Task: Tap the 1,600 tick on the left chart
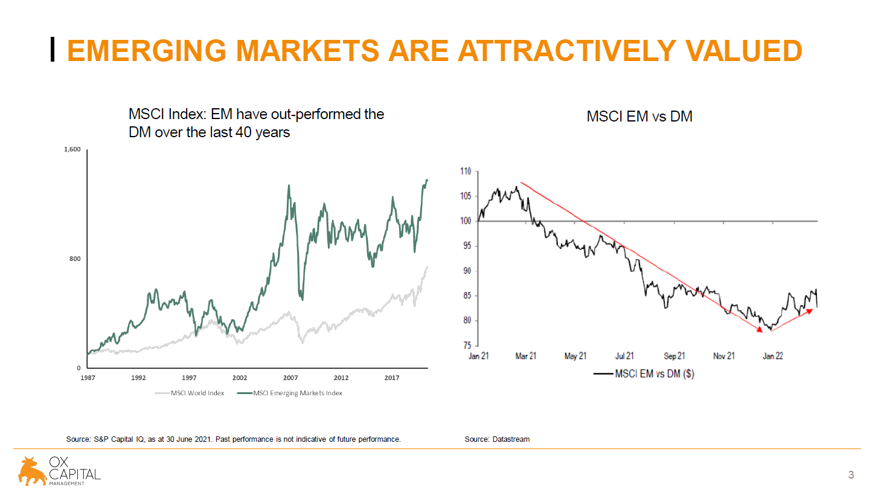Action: point(72,149)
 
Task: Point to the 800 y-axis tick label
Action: point(75,259)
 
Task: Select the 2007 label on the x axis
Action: point(290,378)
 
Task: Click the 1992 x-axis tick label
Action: point(138,378)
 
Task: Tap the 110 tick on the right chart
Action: point(466,171)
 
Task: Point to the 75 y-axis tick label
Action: point(467,346)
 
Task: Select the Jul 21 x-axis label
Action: point(624,356)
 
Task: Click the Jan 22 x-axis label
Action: point(772,356)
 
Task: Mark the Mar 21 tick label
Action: point(525,356)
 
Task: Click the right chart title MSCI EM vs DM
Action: point(639,116)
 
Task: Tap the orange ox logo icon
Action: point(32,471)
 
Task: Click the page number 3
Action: point(851,475)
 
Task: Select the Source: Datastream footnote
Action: point(497,439)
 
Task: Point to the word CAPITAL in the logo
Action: point(75,474)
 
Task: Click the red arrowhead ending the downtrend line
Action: point(760,329)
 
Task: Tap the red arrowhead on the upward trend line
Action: point(810,311)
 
